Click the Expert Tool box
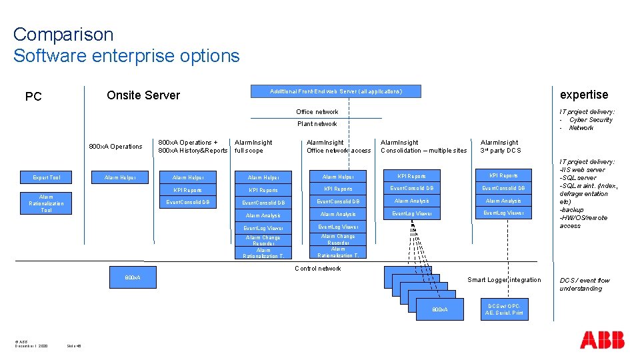tap(47, 177)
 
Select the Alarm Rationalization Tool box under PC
tap(47, 203)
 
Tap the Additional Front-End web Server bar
tap(336, 91)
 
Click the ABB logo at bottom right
tap(602, 339)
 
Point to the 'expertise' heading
tap(583, 95)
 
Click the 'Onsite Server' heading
tap(143, 95)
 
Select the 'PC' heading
tap(33, 97)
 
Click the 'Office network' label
tap(317, 112)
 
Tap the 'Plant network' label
tap(317, 124)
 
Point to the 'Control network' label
tap(317, 269)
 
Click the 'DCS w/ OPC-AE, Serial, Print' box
tap(504, 309)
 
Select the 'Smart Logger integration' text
tap(504, 280)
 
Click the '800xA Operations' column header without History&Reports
tap(116, 147)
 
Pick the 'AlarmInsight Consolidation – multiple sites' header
tap(423, 147)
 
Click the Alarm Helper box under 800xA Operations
tap(121, 177)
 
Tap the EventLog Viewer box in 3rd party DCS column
tap(503, 213)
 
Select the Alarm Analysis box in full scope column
tap(263, 215)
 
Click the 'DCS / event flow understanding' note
tap(585, 285)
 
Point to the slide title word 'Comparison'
tap(63, 35)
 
